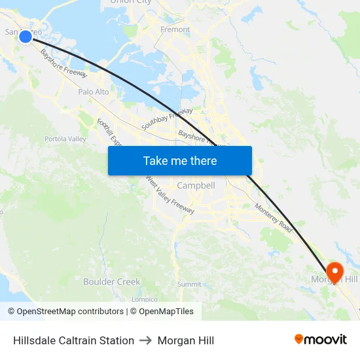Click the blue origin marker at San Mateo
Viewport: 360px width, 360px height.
[x=25, y=36]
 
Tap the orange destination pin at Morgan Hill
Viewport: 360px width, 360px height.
[x=335, y=272]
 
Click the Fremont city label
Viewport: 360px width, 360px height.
[x=175, y=29]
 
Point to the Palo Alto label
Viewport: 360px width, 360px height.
[x=94, y=92]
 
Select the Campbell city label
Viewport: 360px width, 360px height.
[x=196, y=185]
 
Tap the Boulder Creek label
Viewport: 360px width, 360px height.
[x=111, y=281]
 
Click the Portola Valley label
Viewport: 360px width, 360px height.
[x=65, y=139]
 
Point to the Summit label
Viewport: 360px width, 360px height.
[x=189, y=284]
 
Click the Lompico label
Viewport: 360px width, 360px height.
[x=144, y=299]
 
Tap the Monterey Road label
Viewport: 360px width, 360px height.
[x=274, y=217]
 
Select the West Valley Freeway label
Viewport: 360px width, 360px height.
[x=170, y=194]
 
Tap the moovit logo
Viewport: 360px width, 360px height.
[x=320, y=340]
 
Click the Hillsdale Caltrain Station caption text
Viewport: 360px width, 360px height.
[x=73, y=340]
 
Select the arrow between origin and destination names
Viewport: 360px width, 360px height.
[x=146, y=340]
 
